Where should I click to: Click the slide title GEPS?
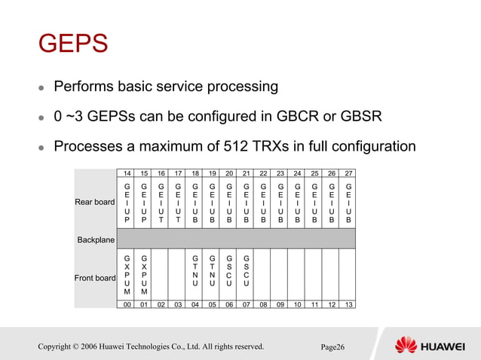[73, 43]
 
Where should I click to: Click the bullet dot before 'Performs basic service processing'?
[42, 88]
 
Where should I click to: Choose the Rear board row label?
[95, 201]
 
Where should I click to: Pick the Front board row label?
[95, 278]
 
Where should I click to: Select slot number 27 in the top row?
[348, 174]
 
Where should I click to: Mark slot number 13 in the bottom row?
[348, 304]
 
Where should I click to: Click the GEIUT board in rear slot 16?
[161, 202]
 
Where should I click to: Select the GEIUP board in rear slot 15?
[143, 202]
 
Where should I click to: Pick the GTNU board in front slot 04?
[195, 270]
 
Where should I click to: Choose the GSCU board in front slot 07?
[246, 270]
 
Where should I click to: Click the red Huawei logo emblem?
[406, 346]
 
